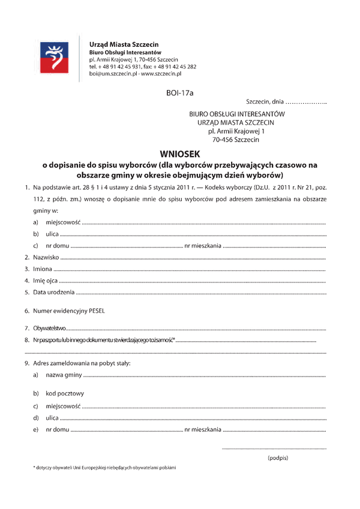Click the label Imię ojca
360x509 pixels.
(46, 280)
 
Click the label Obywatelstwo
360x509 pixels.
(50, 329)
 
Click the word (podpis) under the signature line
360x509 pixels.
(278, 457)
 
